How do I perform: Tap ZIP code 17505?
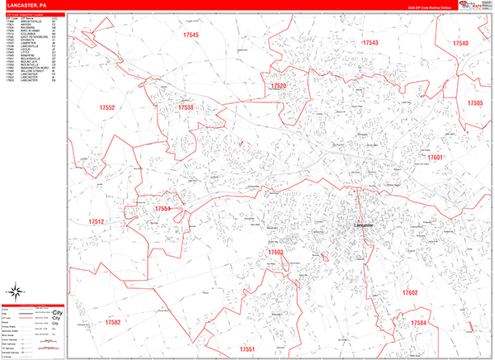tap(474, 103)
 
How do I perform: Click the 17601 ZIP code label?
tap(436, 157)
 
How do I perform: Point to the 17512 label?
tap(97, 221)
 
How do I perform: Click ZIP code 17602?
tap(410, 293)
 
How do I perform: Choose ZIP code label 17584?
tap(419, 322)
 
